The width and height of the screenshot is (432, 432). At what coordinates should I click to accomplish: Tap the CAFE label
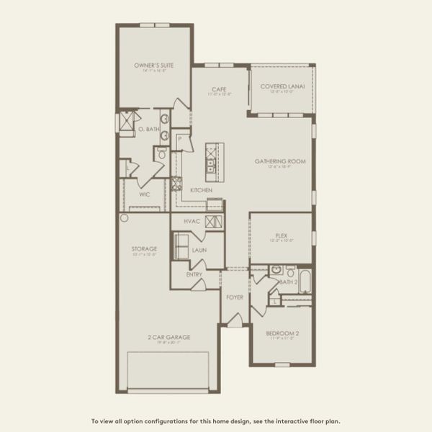pos(219,89)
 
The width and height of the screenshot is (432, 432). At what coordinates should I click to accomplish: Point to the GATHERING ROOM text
pos(280,161)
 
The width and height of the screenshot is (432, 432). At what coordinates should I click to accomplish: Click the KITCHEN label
pos(200,190)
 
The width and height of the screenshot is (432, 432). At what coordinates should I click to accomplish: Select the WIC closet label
pos(144,194)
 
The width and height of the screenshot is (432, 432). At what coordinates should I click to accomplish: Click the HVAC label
pos(192,221)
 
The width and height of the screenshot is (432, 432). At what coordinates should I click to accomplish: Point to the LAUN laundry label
pos(199,250)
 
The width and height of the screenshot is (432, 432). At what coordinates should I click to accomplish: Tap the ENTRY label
pos(194,274)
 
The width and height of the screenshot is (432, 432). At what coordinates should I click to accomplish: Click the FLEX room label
pos(282,235)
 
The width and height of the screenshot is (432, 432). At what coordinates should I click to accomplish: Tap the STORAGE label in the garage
pos(144,249)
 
